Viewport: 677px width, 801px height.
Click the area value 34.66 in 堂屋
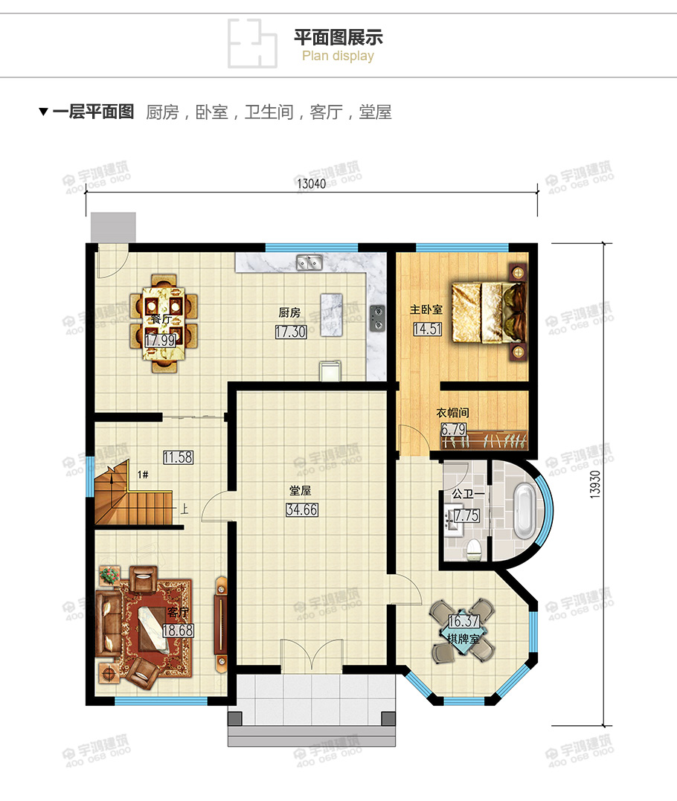301,509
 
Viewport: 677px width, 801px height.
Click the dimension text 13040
312,184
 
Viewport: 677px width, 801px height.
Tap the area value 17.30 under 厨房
290,332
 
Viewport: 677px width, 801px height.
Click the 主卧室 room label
426,309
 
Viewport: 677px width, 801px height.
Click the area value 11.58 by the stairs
179,457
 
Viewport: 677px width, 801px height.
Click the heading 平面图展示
338,37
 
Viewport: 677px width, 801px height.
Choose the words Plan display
338,57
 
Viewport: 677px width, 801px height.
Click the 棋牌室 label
463,638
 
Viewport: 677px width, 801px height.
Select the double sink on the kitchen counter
309,262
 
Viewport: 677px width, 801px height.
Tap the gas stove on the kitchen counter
378,317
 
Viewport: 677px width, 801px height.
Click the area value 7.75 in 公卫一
466,515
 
